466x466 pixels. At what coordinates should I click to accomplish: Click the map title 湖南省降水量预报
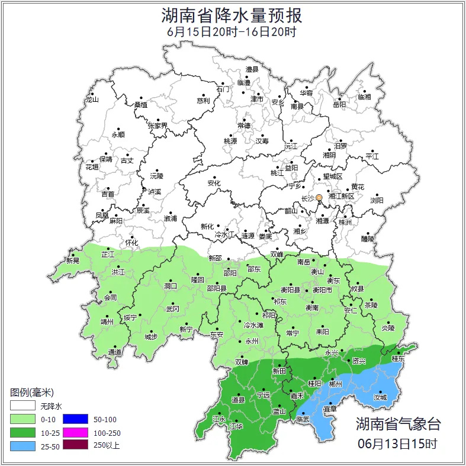[232, 15]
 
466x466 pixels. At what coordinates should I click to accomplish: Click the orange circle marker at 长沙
[319, 197]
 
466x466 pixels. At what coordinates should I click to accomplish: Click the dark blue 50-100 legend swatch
[75, 418]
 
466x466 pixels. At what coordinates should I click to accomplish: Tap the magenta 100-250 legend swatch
[75, 432]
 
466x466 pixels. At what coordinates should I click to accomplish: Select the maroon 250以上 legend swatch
[75, 445]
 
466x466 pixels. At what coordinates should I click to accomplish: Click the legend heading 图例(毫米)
[32, 392]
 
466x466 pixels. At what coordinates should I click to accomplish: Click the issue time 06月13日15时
[398, 443]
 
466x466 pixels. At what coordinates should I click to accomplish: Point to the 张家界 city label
[158, 126]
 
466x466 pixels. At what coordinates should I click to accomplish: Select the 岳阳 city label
[339, 105]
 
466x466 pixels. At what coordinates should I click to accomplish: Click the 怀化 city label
[131, 243]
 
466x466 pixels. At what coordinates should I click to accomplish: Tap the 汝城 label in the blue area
[380, 397]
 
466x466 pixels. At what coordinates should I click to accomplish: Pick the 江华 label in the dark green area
[236, 426]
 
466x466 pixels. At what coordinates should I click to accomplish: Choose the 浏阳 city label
[377, 200]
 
